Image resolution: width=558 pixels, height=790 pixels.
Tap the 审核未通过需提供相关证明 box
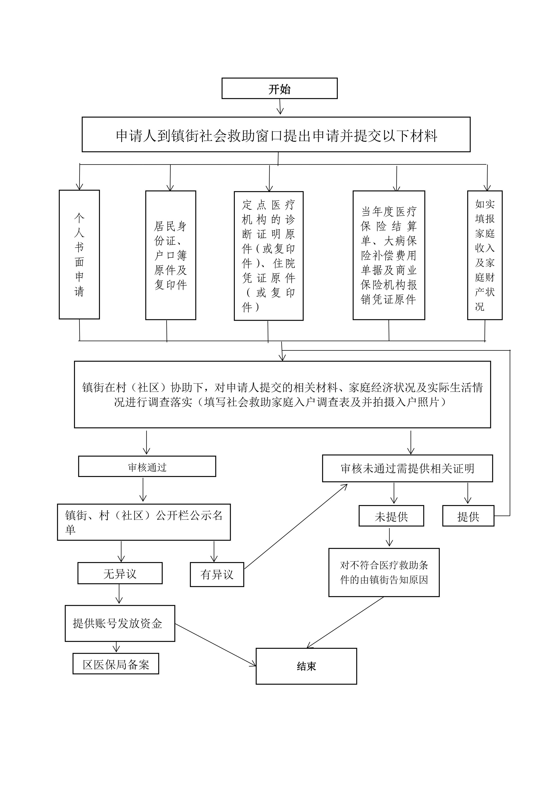click(408, 468)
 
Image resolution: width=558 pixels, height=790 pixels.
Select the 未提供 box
click(391, 516)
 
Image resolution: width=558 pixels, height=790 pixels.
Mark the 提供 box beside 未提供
click(468, 516)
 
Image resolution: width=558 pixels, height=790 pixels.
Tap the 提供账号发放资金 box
click(120, 624)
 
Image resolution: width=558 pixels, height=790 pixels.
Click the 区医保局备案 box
click(116, 664)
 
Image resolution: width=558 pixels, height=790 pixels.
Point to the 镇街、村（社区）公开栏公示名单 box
click(144, 522)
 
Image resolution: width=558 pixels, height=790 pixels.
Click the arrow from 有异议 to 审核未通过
click(296, 527)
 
